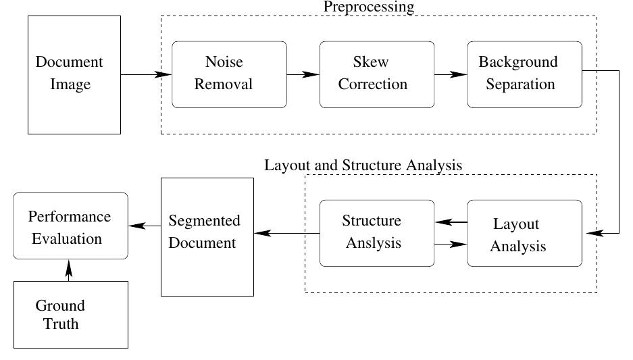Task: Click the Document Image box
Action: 74,74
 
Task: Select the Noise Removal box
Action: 229,74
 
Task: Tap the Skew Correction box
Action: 376,74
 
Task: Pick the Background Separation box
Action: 524,74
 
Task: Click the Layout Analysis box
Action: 524,234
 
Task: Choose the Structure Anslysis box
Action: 376,233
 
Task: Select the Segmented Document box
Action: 207,236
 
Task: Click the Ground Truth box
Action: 70,315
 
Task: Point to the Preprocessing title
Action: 368,7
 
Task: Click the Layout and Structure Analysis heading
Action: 363,165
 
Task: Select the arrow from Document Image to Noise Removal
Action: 145,74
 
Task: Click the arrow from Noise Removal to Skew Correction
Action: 303,74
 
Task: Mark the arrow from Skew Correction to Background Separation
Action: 451,74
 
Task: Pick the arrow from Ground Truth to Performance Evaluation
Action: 68,270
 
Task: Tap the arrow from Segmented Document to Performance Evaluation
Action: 144,226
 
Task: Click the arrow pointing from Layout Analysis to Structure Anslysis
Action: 451,222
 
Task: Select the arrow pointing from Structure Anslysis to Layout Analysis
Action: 451,245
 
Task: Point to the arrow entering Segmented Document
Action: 286,234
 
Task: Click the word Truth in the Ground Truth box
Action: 61,324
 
